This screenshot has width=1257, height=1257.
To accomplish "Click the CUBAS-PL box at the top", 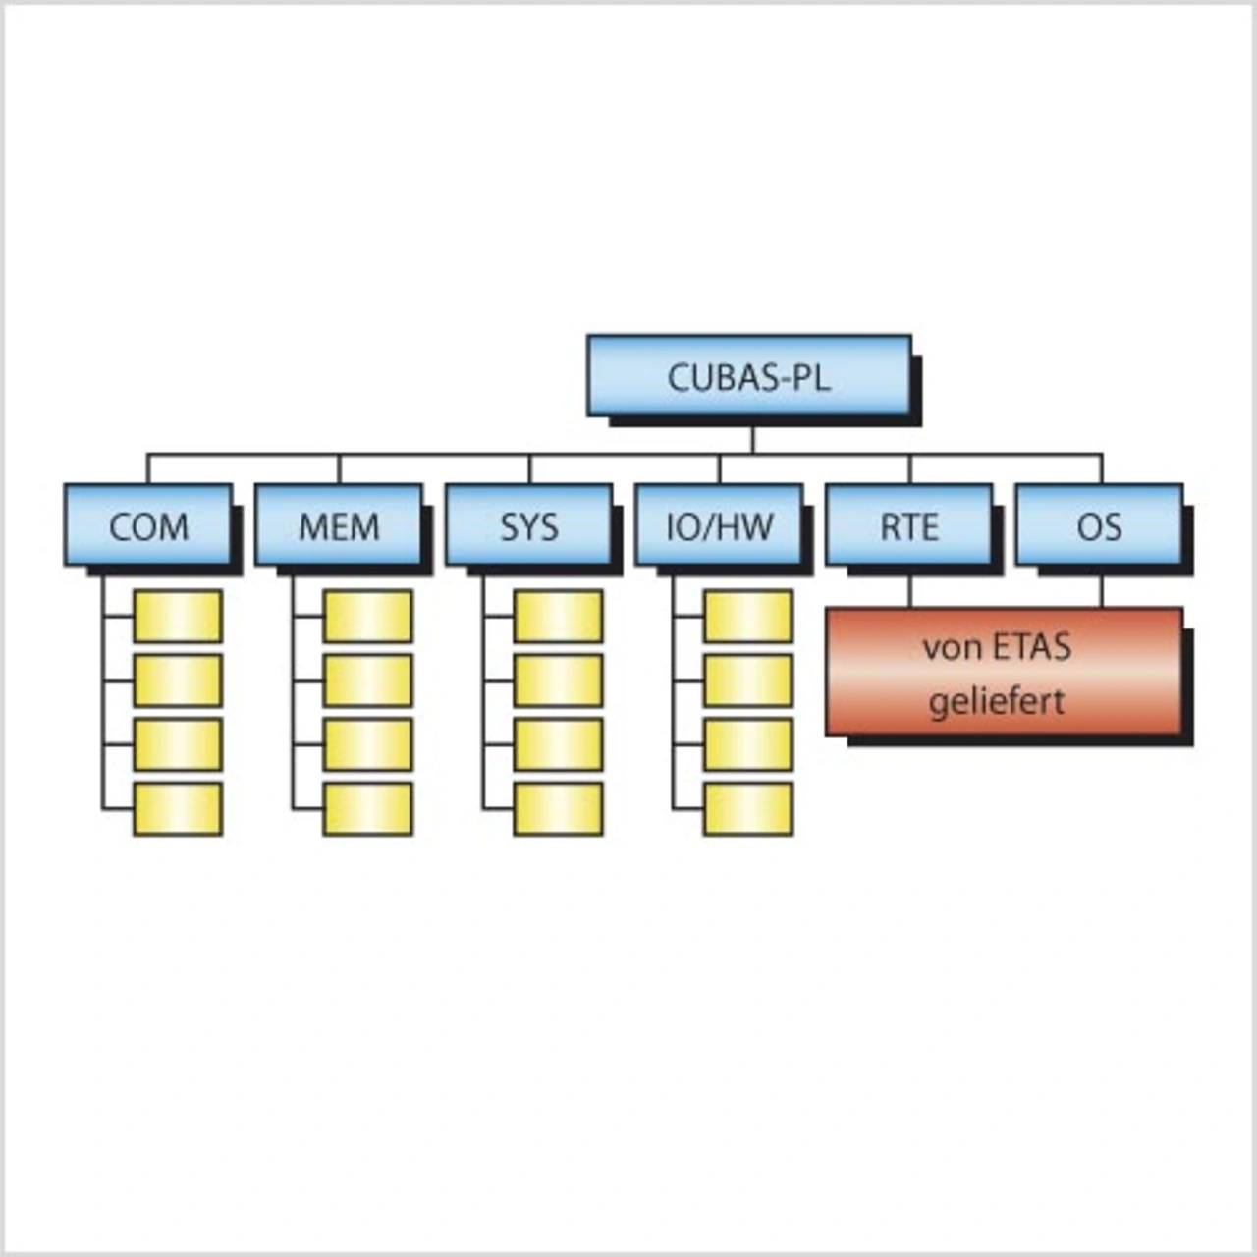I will click(748, 376).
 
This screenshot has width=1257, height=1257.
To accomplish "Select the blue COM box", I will click(148, 526).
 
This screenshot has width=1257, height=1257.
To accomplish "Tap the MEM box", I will click(339, 526).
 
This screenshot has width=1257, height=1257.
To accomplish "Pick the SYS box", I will click(529, 526).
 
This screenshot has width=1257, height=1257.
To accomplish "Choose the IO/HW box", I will click(719, 526).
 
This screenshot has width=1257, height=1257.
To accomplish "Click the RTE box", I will click(909, 526).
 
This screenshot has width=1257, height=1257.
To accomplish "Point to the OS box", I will click(1099, 526).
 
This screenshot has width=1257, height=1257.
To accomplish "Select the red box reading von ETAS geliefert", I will click(1004, 672).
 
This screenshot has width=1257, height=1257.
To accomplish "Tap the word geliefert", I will click(996, 702).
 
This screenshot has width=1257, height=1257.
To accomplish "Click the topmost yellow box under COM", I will click(178, 617).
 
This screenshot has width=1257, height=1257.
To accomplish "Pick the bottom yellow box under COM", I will click(178, 809).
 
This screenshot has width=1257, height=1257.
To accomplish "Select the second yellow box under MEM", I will click(368, 681).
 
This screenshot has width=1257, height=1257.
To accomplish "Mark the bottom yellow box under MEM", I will click(368, 809).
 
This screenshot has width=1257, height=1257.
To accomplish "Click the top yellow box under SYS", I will click(558, 617).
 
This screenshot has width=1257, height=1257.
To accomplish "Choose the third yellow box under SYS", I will click(558, 744).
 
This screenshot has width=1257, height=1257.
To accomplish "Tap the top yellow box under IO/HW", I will click(748, 617).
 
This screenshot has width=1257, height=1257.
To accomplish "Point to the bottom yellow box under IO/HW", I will click(748, 809).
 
